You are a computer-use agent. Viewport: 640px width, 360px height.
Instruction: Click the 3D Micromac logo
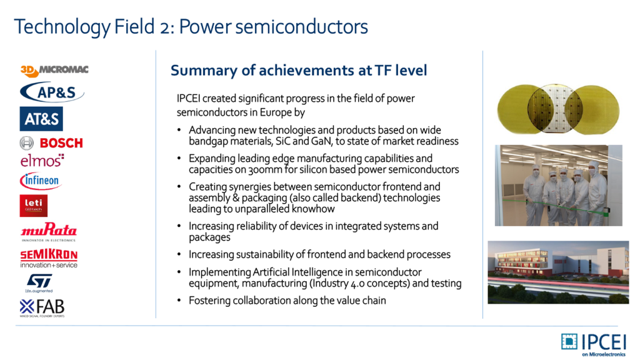click(x=54, y=71)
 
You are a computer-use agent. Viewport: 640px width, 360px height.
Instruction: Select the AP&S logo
click(x=52, y=92)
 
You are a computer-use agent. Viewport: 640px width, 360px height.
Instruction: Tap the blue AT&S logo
click(x=41, y=119)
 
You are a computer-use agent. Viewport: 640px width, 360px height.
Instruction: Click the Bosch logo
click(x=51, y=143)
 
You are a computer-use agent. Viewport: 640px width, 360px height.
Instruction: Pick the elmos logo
click(x=42, y=161)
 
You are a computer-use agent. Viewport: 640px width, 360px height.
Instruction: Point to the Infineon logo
click(x=41, y=181)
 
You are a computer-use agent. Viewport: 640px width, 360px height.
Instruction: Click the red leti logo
click(x=34, y=205)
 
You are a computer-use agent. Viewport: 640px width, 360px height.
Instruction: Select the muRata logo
click(x=49, y=231)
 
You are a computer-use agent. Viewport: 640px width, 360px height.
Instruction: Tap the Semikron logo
click(x=49, y=258)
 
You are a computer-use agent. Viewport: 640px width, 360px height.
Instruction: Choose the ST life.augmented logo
click(x=39, y=283)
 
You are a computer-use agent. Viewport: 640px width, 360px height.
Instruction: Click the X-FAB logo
click(x=42, y=307)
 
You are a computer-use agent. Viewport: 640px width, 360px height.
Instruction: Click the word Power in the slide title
click(x=205, y=27)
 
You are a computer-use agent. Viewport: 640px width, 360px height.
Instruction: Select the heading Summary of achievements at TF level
click(x=299, y=71)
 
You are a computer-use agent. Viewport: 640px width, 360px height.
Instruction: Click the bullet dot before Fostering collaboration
click(x=179, y=301)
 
